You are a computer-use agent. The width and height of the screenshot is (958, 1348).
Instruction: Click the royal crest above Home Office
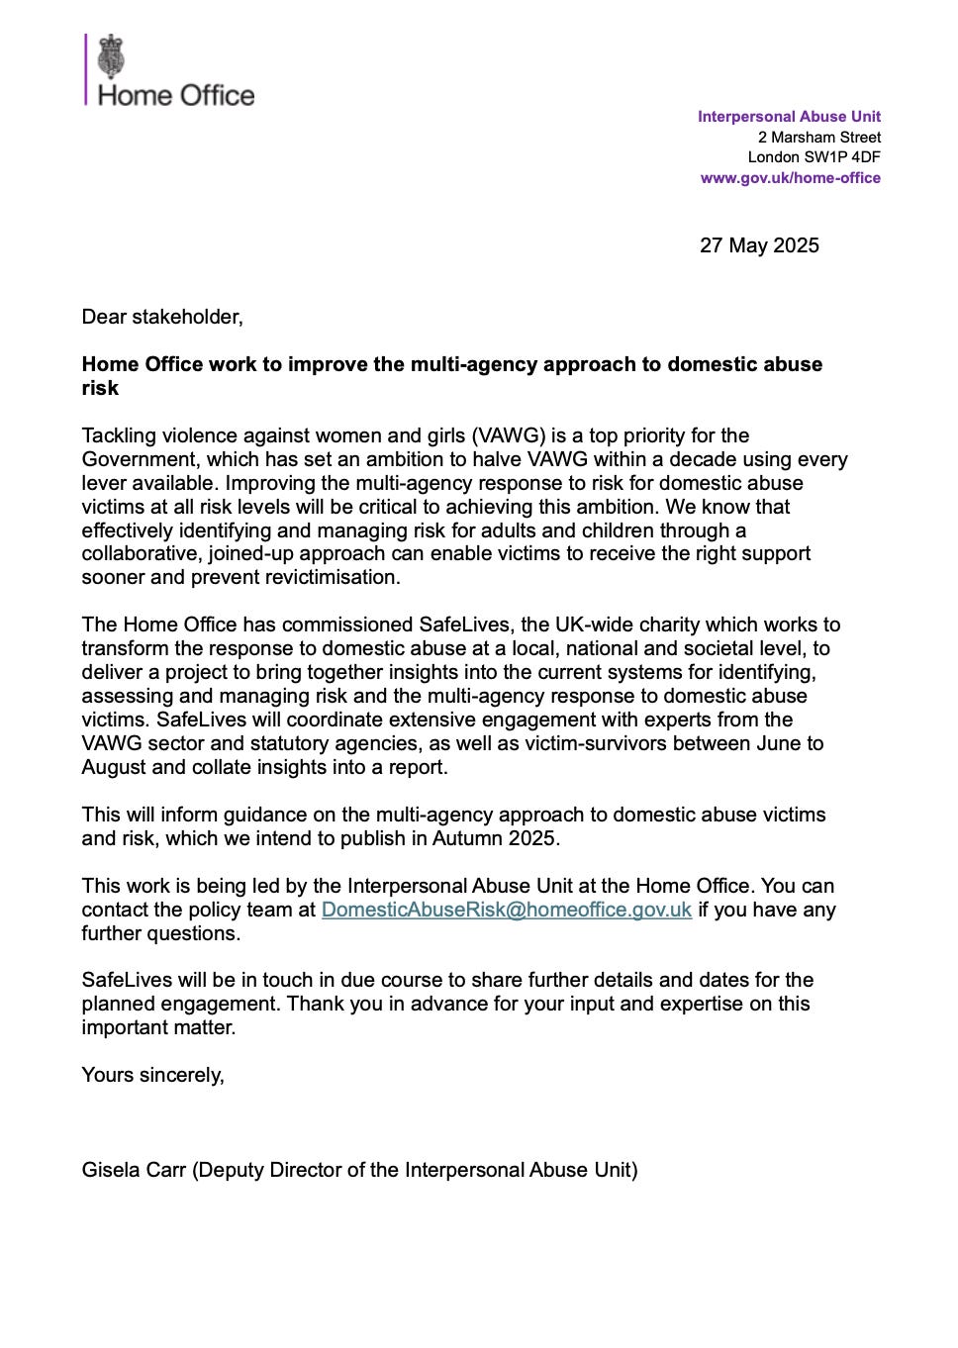pos(112,57)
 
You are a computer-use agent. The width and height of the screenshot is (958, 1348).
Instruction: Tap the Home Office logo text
pos(176,96)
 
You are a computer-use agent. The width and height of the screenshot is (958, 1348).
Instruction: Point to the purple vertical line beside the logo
pos(86,69)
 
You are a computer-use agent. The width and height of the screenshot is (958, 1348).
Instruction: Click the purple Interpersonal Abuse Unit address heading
pos(789,117)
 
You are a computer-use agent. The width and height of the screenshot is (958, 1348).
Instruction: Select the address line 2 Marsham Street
pos(818,138)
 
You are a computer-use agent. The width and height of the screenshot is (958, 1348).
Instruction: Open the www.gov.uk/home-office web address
pos(790,178)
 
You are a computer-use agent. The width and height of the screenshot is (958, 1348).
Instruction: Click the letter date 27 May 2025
pos(759,245)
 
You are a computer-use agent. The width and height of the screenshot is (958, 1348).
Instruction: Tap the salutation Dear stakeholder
pos(162,317)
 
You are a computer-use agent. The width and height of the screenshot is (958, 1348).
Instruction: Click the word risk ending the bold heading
pos(100,388)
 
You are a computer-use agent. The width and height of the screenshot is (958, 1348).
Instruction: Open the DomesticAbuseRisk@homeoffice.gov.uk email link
pos(506,910)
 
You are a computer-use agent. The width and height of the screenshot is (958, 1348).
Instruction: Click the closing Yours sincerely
pos(152,1075)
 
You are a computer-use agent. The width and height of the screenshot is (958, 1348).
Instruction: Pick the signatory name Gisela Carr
pos(134,1170)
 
